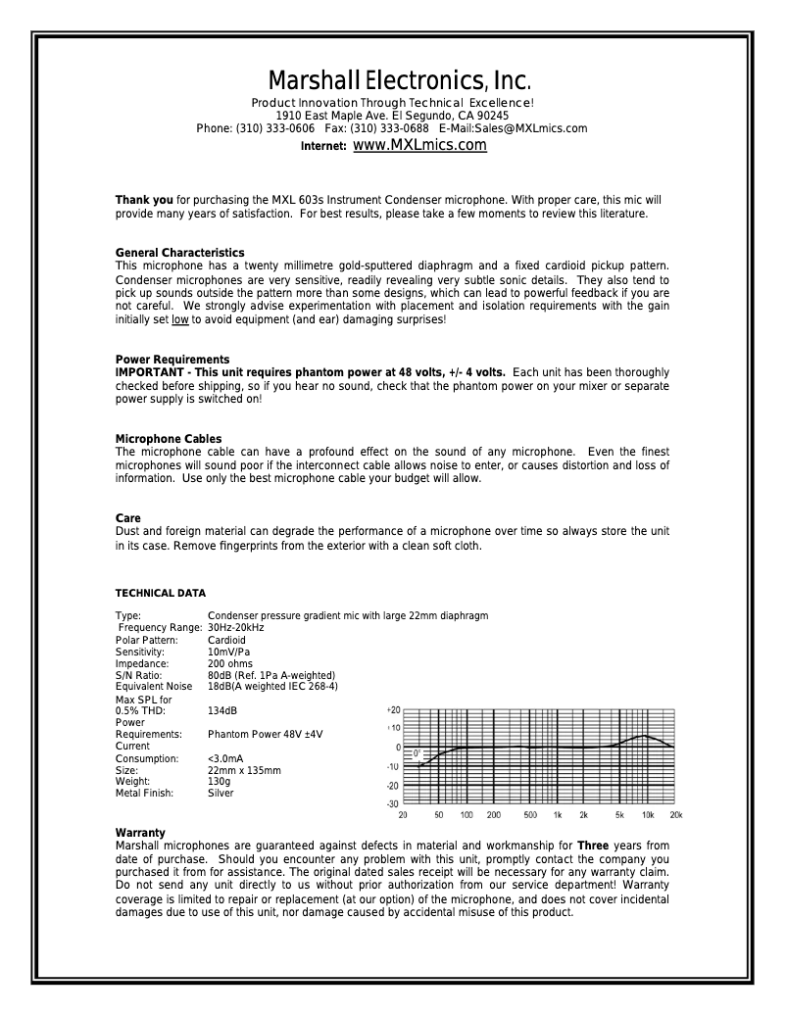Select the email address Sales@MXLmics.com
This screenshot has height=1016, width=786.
[541, 128]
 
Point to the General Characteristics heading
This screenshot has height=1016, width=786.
[179, 253]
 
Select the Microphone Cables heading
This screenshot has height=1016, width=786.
[169, 439]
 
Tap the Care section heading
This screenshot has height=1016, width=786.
[128, 518]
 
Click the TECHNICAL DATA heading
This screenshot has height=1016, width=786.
[161, 593]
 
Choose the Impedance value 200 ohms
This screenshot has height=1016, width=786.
[231, 663]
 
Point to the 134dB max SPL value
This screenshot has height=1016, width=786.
[222, 710]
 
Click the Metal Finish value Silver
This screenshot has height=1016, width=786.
[221, 793]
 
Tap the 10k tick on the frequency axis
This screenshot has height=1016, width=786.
[648, 815]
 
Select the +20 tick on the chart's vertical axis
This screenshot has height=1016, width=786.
[393, 708]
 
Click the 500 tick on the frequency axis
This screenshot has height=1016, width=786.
[530, 815]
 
